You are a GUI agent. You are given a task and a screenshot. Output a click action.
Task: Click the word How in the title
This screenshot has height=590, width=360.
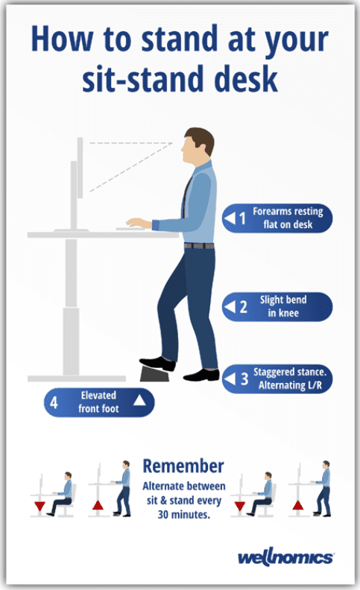[x=62, y=38]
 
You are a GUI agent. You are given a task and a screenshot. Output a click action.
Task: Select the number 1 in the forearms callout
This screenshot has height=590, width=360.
[x=242, y=218]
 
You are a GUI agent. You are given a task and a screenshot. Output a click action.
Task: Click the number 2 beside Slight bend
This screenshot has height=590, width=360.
[x=243, y=307]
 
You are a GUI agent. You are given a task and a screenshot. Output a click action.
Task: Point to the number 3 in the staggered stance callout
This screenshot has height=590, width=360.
[x=244, y=378]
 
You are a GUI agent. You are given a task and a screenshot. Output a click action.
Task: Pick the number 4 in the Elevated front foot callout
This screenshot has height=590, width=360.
[x=54, y=402]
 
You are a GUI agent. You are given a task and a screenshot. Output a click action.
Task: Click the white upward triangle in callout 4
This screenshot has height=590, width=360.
[x=139, y=400]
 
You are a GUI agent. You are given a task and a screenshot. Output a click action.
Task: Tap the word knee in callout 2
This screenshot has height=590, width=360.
[x=288, y=313]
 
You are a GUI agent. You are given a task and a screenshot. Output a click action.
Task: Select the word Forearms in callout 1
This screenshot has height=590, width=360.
[x=268, y=211]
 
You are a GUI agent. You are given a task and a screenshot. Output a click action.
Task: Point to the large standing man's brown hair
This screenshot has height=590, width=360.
[x=202, y=139]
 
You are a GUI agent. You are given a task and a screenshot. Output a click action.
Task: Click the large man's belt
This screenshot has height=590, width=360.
[x=199, y=246]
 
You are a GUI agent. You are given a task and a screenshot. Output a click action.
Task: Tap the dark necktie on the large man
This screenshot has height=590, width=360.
[x=186, y=197]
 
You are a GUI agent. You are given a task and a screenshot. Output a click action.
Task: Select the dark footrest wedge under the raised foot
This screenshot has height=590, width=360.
[x=155, y=374]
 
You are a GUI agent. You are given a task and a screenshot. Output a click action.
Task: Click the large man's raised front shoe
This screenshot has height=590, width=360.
[x=157, y=363]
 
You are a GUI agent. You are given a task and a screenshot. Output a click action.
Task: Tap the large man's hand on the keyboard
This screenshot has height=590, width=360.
[x=136, y=223]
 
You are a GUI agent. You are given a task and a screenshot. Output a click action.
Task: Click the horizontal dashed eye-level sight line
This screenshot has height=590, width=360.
[x=130, y=143]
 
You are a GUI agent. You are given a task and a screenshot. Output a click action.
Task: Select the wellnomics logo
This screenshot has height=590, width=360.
[x=285, y=558]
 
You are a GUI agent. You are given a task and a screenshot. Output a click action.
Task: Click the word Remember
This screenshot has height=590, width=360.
[x=183, y=466]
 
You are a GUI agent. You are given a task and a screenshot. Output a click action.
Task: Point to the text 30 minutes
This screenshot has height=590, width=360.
[x=183, y=514]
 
